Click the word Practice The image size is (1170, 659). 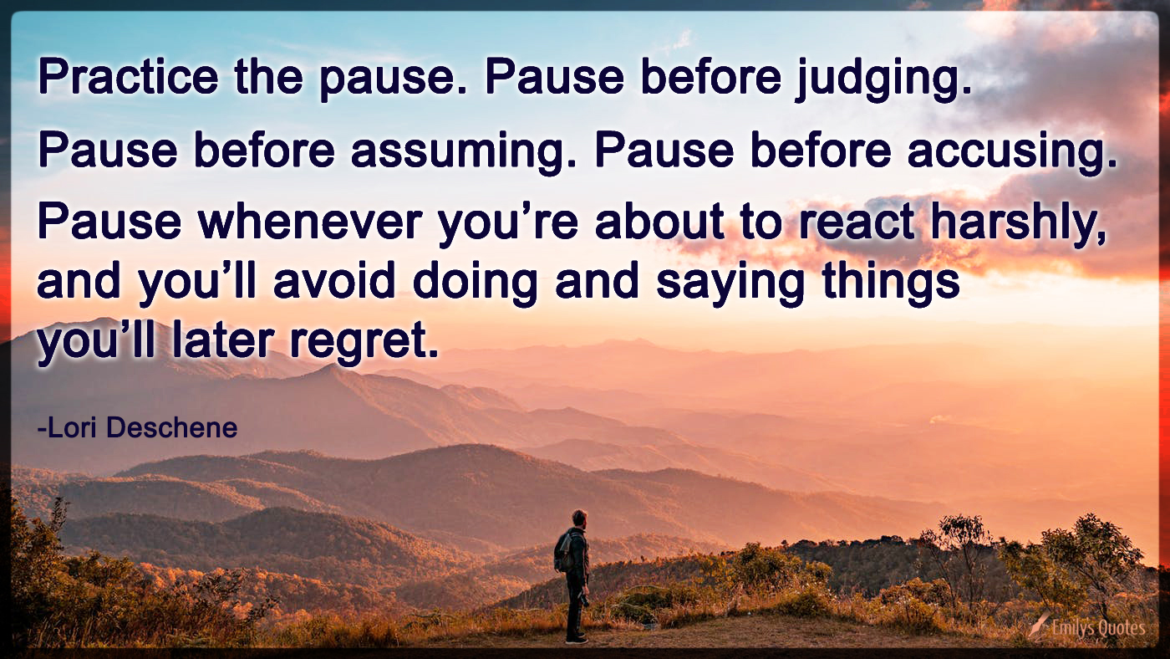(x=128, y=79)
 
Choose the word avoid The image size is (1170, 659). (x=333, y=283)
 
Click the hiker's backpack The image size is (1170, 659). (x=564, y=551)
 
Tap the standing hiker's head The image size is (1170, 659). (x=579, y=518)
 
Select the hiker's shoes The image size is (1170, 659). (x=576, y=639)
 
